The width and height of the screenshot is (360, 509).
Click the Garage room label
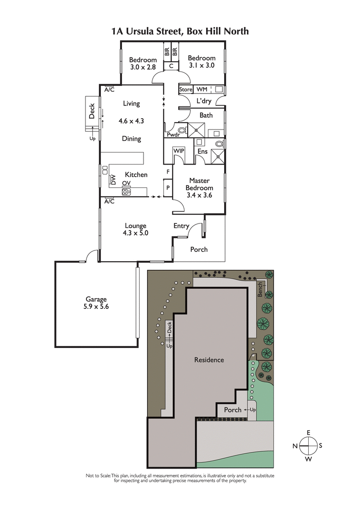coord(96,299)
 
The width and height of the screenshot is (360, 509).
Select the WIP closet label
coord(179,150)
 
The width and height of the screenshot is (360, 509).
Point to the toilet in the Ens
coord(219,144)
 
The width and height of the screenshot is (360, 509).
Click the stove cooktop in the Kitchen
coord(126,192)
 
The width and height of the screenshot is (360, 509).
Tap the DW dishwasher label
coord(113,179)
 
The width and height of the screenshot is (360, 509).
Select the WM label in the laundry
coord(201,89)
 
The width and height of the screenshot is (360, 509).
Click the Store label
coord(186,89)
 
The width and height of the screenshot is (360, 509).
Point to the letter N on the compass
coord(295,446)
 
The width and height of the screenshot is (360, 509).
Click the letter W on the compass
coord(308,459)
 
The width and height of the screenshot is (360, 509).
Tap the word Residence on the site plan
coord(209,360)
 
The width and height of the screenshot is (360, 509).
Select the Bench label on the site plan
coord(260,289)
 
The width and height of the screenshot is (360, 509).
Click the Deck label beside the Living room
coord(92,111)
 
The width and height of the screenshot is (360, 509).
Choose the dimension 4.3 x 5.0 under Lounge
coord(135,233)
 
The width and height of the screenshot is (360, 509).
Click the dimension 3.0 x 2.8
coord(143,67)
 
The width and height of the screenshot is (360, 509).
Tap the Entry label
coord(181,226)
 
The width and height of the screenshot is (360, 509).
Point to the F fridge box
coord(168,172)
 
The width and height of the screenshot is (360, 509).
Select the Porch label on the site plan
coord(233,410)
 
